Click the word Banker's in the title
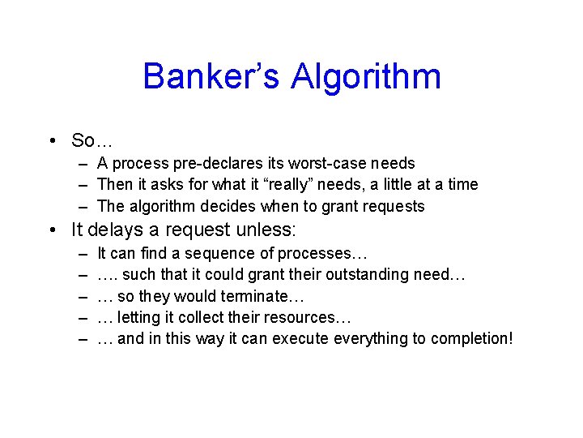tap(212, 77)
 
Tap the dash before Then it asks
tap(83, 185)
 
